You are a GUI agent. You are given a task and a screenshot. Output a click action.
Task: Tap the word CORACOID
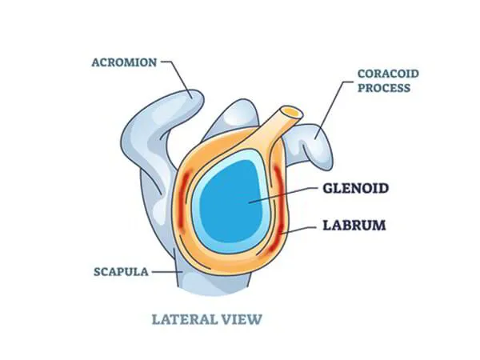(x=388, y=74)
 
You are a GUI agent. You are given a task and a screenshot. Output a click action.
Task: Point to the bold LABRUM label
(x=353, y=226)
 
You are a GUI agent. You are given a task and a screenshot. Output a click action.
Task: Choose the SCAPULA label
(x=120, y=271)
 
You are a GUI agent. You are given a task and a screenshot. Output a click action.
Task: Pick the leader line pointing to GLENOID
(x=284, y=195)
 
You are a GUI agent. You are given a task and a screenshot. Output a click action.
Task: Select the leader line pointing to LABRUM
(x=295, y=231)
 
